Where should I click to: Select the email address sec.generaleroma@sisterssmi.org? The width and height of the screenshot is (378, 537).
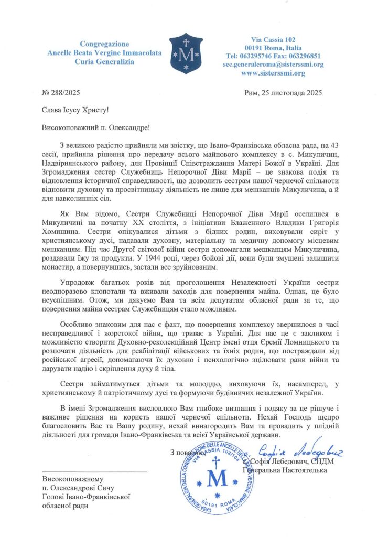(273, 65)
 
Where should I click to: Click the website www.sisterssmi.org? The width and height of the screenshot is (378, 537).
(273, 73)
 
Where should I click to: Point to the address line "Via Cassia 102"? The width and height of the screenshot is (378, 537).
(273, 39)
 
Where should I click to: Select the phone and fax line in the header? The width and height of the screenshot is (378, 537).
(273, 56)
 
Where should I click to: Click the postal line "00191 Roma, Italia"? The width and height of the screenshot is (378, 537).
(273, 48)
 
